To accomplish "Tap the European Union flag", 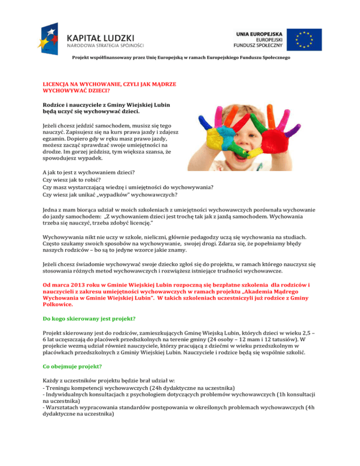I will coord(304,39).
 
